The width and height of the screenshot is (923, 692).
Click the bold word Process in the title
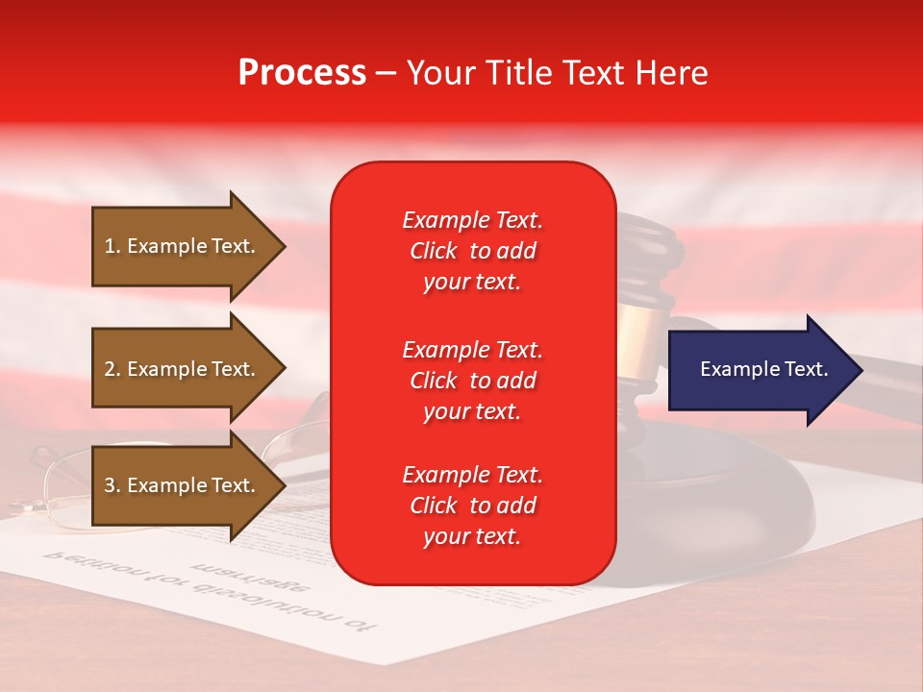[302, 73]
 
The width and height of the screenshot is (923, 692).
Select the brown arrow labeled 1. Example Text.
[183, 247]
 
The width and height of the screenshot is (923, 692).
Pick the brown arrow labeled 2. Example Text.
[183, 369]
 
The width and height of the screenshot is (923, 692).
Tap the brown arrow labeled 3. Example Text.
[183, 486]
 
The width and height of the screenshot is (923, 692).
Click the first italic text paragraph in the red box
[472, 251]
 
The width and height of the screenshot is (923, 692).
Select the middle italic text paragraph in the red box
[472, 381]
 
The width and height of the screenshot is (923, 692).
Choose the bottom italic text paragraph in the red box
[472, 506]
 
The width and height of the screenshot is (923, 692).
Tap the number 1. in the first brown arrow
[112, 246]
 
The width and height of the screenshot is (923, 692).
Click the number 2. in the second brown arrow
[112, 369]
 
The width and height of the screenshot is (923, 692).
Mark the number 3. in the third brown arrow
[112, 486]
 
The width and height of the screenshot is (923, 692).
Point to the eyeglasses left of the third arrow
[58, 481]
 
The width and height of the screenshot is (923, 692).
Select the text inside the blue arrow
[763, 369]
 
